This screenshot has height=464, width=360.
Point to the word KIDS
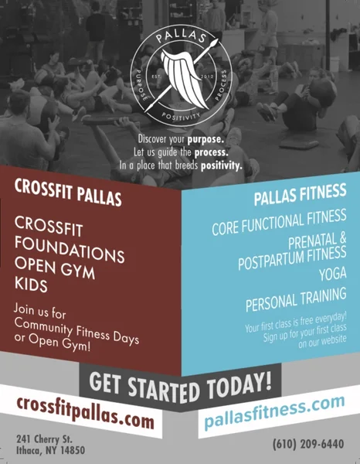click(x=32, y=285)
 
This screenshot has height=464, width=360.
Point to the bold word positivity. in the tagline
click(x=219, y=165)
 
